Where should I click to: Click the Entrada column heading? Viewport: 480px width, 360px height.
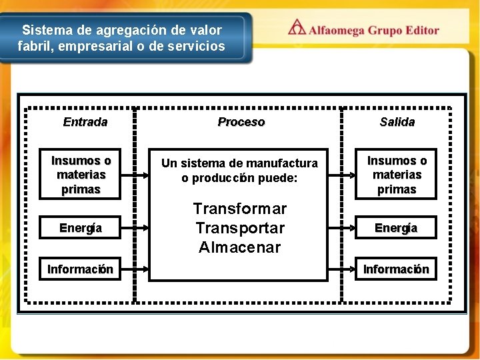85,122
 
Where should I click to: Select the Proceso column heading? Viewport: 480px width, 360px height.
241,122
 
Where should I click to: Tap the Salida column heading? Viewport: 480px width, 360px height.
397,122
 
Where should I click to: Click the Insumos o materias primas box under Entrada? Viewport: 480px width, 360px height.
81,175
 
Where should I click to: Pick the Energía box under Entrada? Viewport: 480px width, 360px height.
81,228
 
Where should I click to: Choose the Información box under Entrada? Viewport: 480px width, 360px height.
80,269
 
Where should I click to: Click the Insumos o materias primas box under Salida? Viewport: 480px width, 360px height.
397,175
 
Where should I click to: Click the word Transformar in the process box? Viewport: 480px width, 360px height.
240,208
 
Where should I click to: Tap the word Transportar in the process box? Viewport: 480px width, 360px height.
240,228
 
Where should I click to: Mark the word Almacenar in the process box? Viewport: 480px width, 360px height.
240,248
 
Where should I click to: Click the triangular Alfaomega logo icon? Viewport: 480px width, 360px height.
297,28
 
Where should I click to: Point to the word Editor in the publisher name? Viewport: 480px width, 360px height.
419,30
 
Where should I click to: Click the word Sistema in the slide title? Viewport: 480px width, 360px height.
42,31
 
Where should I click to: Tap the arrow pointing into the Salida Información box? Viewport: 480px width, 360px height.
344,269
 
